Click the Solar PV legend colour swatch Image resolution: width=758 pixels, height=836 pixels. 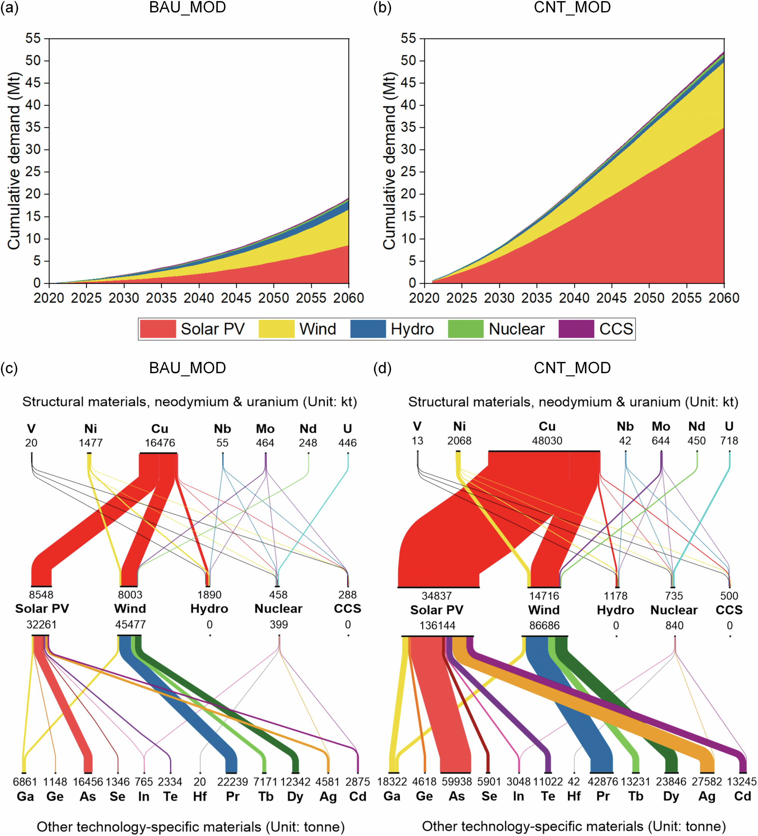(x=158, y=329)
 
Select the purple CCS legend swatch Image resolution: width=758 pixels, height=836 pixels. (x=576, y=329)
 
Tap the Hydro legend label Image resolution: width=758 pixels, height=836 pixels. (x=412, y=329)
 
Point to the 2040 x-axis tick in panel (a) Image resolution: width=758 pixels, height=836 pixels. (x=199, y=298)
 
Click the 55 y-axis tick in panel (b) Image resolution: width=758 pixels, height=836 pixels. (x=409, y=39)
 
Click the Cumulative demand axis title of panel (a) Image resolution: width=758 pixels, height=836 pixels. (x=14, y=161)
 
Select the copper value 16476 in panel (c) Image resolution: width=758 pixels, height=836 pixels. (x=160, y=443)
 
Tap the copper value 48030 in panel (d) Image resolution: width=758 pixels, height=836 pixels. (x=547, y=440)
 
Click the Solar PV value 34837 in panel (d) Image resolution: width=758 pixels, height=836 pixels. (x=436, y=596)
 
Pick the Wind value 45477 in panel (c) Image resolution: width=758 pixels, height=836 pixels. (x=130, y=624)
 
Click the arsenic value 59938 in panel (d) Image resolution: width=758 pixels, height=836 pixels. (x=456, y=782)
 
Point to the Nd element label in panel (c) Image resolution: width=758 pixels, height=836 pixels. (x=308, y=429)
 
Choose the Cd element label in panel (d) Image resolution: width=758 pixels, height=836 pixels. (x=742, y=796)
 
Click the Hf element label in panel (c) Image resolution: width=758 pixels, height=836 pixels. (x=200, y=797)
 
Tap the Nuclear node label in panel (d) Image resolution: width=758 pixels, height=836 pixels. (x=674, y=610)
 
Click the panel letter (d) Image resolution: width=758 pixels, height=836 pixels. (x=382, y=368)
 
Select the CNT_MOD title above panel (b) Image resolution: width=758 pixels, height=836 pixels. (x=572, y=8)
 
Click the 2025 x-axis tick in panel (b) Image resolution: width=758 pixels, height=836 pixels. (x=462, y=298)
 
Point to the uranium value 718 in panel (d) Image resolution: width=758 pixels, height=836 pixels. (x=729, y=440)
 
